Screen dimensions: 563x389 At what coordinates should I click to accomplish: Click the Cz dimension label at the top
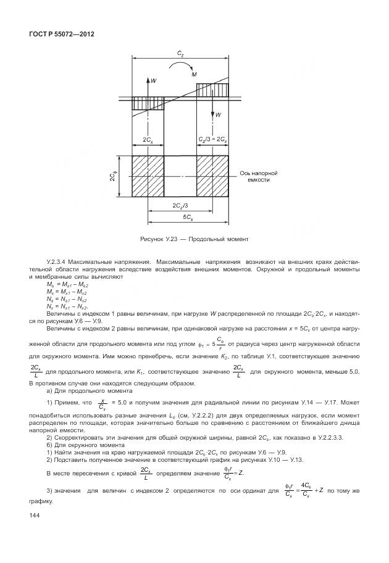point(180,54)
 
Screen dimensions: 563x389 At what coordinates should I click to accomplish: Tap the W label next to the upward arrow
point(154,80)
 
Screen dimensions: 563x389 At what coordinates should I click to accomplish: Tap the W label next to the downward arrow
point(219,115)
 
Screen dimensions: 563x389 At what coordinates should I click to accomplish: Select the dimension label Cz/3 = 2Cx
point(212,140)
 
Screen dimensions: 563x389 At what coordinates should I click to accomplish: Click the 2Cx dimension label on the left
point(148,140)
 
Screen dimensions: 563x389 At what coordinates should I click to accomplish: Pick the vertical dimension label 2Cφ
point(114,178)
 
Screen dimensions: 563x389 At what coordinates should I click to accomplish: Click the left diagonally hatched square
point(148,176)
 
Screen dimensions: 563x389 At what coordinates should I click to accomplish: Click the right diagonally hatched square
point(212,176)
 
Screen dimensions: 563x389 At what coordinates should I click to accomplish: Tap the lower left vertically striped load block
point(148,104)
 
